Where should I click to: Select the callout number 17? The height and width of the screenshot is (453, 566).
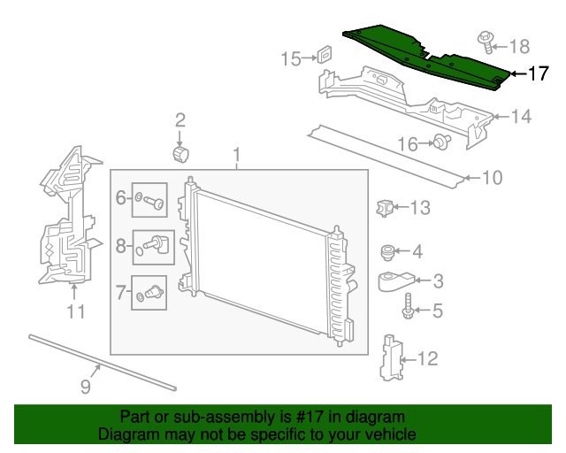click(539, 74)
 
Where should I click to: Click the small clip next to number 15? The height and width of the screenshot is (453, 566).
click(325, 55)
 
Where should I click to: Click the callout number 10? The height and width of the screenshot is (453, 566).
click(491, 178)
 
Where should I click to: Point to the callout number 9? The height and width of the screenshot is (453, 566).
click(86, 387)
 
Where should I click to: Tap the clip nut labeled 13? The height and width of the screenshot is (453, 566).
click(384, 208)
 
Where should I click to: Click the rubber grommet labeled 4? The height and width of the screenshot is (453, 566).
click(387, 253)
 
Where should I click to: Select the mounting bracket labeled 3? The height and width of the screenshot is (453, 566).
click(394, 282)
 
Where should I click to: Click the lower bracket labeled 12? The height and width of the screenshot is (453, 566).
click(389, 358)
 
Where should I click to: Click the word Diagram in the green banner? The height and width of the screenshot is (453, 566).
click(128, 434)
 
